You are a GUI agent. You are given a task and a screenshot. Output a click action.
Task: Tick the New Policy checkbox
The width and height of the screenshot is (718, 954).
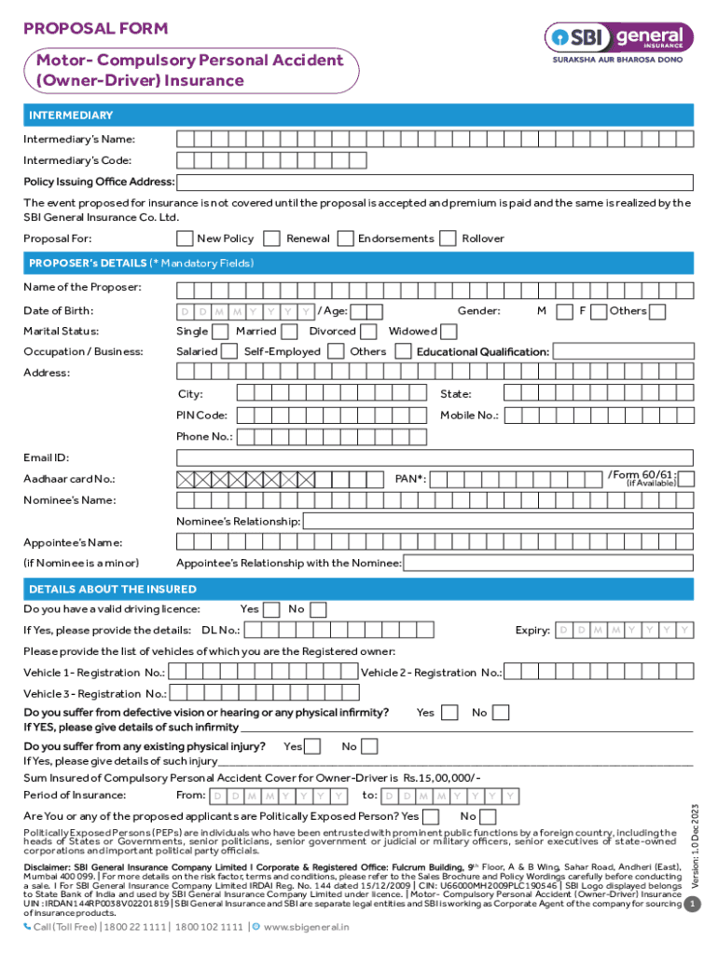pos(185,238)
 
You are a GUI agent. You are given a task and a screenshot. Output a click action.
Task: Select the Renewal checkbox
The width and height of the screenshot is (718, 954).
pos(272,238)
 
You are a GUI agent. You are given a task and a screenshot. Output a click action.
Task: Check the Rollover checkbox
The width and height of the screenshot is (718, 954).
pos(448,238)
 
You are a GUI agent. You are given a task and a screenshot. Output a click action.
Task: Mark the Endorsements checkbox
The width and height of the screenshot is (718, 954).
pos(345,238)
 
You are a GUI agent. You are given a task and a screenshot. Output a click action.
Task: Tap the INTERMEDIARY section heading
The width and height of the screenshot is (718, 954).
pos(71,116)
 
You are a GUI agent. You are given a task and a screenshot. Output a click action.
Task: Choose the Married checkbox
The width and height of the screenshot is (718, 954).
pos(291,332)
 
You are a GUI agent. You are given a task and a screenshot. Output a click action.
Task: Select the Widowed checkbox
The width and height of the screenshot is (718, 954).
pos(449,332)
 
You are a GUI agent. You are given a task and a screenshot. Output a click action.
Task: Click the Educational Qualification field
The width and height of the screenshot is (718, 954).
pos(623,352)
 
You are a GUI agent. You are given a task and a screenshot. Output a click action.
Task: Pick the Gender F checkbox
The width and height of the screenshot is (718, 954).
pos(598,311)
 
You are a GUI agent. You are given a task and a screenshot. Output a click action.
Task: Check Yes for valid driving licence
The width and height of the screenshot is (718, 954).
pos(271,609)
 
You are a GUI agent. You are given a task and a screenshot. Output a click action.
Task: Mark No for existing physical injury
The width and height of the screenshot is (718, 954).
pos(369,746)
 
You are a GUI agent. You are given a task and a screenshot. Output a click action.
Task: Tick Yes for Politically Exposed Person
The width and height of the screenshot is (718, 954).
pos(431,817)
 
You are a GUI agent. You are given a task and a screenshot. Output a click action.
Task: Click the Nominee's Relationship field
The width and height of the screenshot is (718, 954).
pos(498,522)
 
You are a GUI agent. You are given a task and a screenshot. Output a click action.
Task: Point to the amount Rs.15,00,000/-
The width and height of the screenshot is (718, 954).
pos(442,777)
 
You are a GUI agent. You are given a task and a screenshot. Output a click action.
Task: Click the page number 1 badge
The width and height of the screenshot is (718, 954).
pos(692,905)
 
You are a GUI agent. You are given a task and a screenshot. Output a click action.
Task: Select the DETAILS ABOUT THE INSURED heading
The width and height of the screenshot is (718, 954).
pos(113,589)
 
